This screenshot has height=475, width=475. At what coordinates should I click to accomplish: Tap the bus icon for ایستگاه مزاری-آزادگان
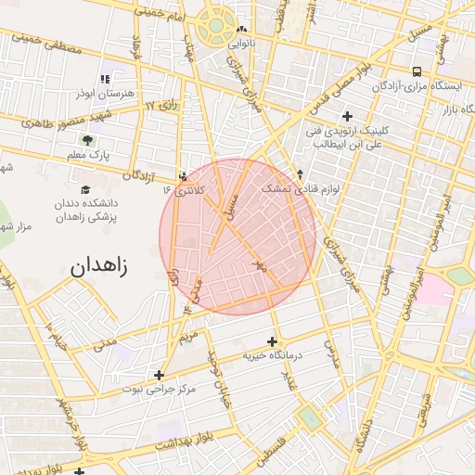(417, 71)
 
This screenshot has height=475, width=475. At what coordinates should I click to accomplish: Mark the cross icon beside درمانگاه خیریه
(272, 341)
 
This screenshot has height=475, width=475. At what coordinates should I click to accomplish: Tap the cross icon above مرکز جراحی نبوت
(160, 375)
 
